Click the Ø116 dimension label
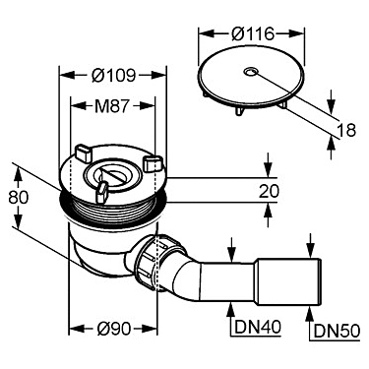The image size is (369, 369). pos(253,33)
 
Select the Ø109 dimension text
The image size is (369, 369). pos(113,76)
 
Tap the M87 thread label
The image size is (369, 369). pos(112,106)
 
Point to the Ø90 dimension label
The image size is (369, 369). pos(114,329)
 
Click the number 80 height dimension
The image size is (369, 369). pos(19,198)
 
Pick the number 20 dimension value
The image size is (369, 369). pos(269,191)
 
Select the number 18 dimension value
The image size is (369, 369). pos(346,130)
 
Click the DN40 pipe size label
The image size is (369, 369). pos(258,327)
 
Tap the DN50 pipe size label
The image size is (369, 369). pos(337,331)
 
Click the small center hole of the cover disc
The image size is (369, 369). pos(251,72)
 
